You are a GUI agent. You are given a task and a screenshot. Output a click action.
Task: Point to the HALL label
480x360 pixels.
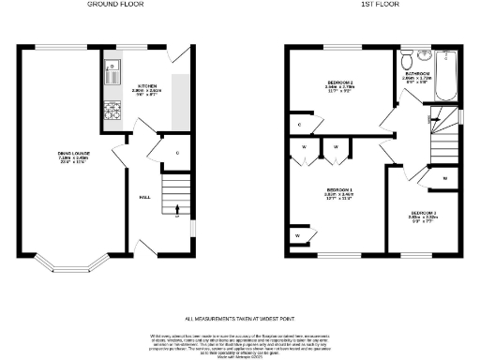[x=145, y=197]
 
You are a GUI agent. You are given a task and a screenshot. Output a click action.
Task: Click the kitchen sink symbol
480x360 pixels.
[x=112, y=67]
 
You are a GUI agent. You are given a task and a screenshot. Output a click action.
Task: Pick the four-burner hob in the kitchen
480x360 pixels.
[x=112, y=110]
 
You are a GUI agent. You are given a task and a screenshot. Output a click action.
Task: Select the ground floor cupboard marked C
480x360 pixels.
[x=177, y=152]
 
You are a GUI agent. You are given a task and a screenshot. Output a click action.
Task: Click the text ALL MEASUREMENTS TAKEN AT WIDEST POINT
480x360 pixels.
[x=240, y=320]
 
